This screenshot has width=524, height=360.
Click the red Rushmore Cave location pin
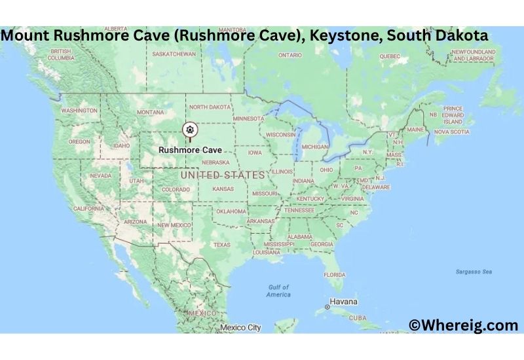point(190,129)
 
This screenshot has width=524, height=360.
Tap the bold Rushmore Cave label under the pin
point(190,149)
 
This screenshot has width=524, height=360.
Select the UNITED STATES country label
point(223,175)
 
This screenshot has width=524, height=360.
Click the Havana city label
point(343,302)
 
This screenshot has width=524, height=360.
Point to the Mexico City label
point(240,327)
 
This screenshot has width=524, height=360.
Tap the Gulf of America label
point(278,291)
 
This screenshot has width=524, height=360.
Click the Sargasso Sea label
point(474,272)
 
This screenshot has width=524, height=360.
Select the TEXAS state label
point(221,245)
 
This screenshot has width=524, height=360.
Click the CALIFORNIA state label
point(88,209)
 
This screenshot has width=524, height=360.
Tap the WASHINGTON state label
point(79,111)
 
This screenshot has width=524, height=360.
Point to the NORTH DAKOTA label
point(210,107)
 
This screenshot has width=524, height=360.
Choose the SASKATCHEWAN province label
point(174,54)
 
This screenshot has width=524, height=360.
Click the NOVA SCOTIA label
point(451,132)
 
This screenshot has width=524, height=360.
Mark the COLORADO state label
point(176,190)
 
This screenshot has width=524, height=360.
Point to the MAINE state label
point(415,130)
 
